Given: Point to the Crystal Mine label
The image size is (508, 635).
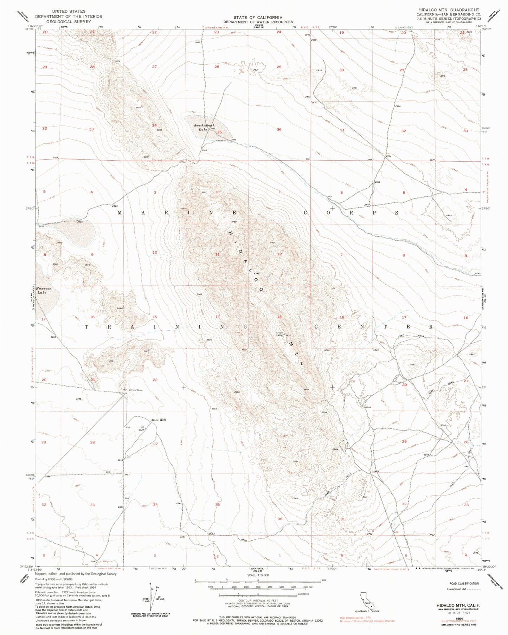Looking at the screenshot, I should [x=136, y=390].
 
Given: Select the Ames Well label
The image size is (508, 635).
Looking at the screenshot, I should [x=158, y=420].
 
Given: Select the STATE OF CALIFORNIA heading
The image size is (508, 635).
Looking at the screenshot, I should [x=258, y=18].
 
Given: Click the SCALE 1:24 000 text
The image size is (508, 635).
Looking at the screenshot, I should [x=258, y=575].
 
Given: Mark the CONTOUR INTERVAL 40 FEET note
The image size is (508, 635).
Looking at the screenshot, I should [x=258, y=601].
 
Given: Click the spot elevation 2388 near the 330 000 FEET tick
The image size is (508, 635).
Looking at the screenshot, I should [x=47, y=477].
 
